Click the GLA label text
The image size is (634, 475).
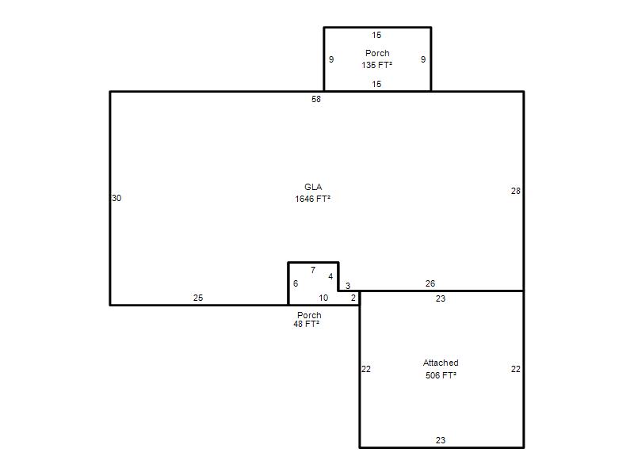313,187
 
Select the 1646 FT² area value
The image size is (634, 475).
312,199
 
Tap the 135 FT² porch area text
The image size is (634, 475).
377,65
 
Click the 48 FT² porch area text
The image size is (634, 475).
307,324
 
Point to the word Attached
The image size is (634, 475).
441,363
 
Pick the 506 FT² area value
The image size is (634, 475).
441,375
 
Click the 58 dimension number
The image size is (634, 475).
316,99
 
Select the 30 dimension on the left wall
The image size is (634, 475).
116,198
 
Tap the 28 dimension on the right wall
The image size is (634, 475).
516,191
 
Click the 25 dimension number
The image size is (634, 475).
198,298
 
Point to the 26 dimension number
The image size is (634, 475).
430,283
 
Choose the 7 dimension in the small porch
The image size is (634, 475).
313,270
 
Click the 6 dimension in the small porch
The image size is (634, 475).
296,283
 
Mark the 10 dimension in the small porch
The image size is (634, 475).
323,298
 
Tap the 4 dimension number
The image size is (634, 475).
330,276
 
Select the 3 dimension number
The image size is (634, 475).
348,286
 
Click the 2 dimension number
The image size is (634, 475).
353,298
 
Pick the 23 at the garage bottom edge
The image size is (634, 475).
441,440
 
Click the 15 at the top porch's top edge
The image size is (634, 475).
377,35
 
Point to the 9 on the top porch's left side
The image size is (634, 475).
331,59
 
